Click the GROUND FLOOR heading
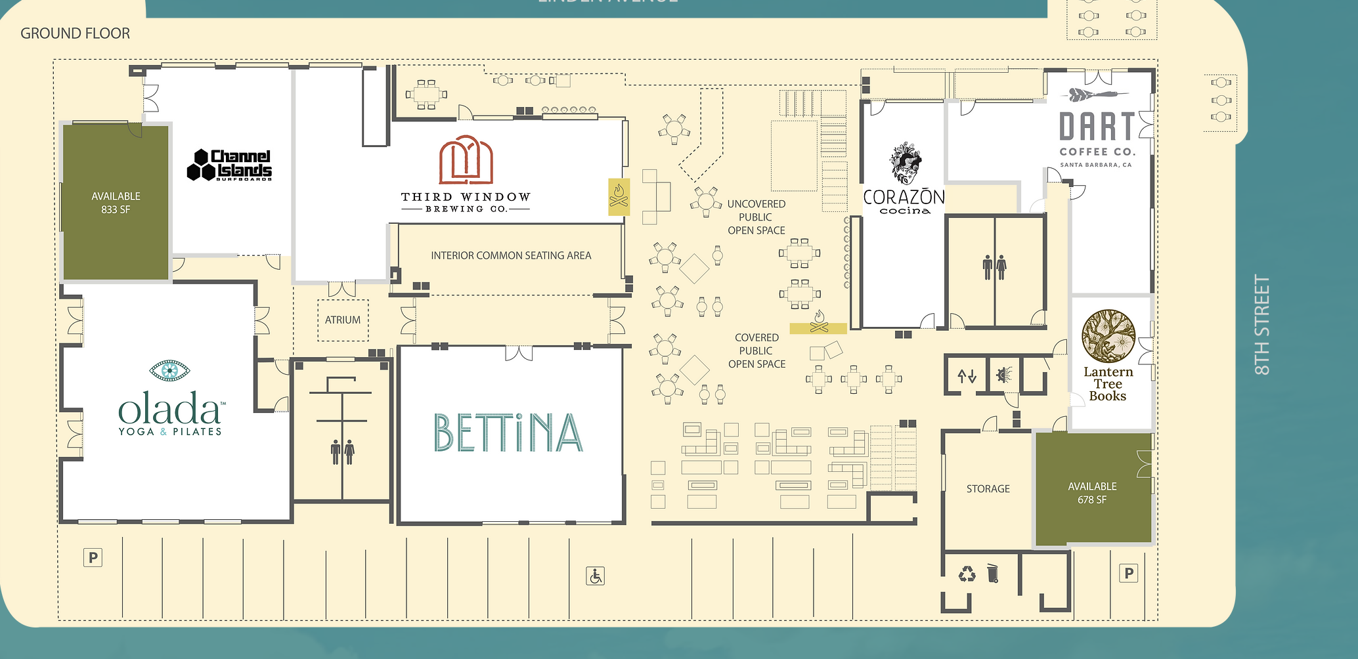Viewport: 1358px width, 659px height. (x=75, y=33)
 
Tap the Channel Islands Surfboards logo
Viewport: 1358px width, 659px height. (x=230, y=165)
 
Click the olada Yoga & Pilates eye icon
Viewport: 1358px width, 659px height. (x=169, y=370)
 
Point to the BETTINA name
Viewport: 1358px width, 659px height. (x=508, y=433)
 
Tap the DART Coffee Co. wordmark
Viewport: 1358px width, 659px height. (x=1097, y=127)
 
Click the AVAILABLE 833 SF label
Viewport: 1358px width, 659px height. (x=116, y=203)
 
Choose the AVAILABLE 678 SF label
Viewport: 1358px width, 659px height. (x=1092, y=493)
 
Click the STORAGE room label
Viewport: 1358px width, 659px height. (x=988, y=489)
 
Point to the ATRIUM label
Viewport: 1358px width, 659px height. (x=343, y=320)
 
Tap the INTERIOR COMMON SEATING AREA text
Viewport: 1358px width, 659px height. (x=511, y=256)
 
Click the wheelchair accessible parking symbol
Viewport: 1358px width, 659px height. (x=595, y=576)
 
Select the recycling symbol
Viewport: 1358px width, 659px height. (x=967, y=574)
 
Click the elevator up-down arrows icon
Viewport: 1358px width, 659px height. (x=967, y=376)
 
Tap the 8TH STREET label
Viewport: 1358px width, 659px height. (x=1262, y=325)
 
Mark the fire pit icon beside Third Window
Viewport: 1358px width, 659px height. (x=619, y=196)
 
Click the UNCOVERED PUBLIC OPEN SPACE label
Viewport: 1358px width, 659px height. (x=756, y=217)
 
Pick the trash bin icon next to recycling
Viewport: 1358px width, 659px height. (x=993, y=573)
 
